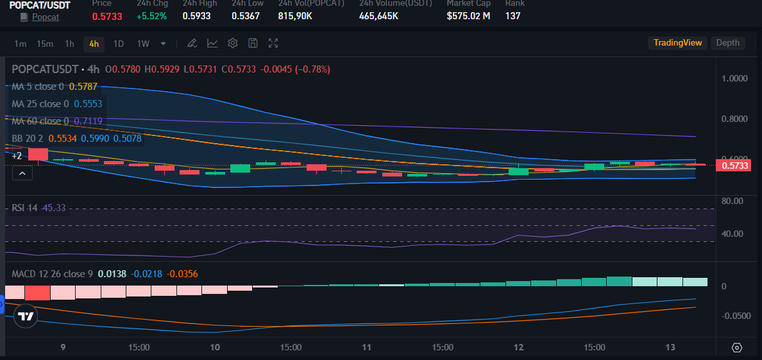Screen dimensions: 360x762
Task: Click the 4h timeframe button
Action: click(94, 44)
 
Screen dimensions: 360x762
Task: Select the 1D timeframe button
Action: click(119, 44)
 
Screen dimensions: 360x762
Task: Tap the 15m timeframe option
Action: click(45, 44)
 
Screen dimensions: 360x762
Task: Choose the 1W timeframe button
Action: click(143, 44)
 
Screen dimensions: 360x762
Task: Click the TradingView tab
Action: click(677, 43)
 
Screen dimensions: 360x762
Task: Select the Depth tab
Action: click(727, 43)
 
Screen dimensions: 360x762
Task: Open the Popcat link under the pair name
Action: click(46, 17)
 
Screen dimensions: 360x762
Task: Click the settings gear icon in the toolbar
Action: click(233, 43)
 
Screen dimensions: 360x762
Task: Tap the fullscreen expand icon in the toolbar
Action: click(273, 43)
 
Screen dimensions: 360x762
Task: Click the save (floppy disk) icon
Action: click(253, 43)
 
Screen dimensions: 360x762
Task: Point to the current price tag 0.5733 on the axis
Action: click(735, 166)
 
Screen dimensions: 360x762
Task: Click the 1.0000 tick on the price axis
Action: click(734, 78)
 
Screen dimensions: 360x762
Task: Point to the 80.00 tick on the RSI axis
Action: click(732, 201)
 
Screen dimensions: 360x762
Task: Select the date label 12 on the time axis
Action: click(519, 347)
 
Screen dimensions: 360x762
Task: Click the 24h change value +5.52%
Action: click(151, 15)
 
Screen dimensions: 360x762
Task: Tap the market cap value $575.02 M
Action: click(468, 15)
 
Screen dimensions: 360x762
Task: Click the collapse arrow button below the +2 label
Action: click(22, 173)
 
